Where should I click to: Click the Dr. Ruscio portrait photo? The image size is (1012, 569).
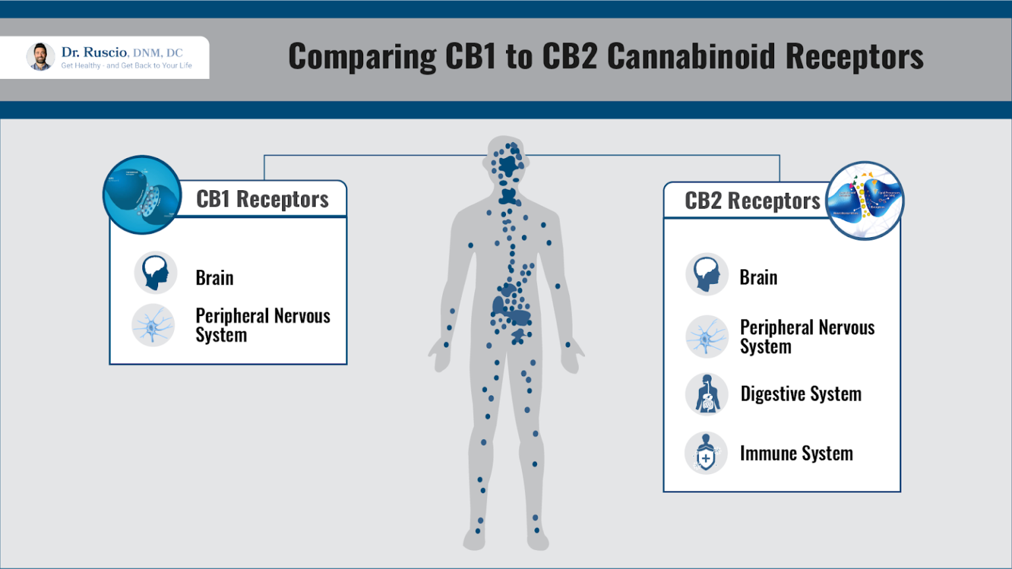pos(40,57)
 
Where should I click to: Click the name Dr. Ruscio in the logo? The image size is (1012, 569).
pos(94,52)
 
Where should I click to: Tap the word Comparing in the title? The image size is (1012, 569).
pos(362,57)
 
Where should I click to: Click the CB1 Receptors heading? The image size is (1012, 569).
pos(262,199)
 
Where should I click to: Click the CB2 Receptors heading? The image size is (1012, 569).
pos(752,201)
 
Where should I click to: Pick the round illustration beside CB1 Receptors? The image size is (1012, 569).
pos(142,195)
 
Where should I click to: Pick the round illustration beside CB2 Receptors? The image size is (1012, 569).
pos(864,200)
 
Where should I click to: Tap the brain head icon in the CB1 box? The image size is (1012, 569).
pos(155,272)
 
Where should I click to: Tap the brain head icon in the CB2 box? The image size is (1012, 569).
pos(706,274)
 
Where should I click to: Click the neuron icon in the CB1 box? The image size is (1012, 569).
pos(153,325)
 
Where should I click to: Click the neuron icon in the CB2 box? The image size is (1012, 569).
pos(706,337)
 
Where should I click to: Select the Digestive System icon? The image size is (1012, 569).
pos(706,394)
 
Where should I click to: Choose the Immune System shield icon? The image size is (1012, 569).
pos(706,453)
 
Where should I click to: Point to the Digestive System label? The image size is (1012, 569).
pos(801,394)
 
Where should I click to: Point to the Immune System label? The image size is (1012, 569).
pos(796,453)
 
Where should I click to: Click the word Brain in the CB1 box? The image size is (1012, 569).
pos(214,278)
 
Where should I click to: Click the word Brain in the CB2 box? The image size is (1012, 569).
pos(758,277)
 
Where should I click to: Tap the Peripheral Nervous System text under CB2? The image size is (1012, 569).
pos(806,337)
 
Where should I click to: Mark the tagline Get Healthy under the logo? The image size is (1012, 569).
pos(81,66)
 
